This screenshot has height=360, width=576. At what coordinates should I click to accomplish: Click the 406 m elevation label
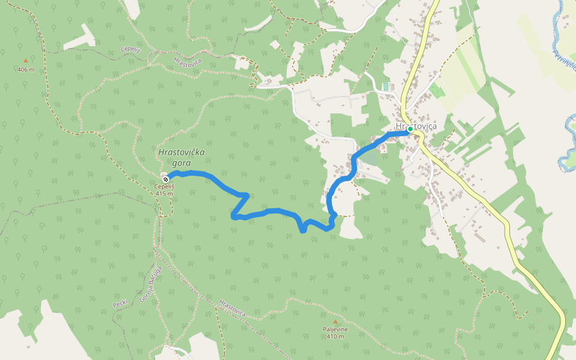[26, 70]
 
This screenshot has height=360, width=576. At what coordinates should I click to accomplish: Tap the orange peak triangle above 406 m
[25, 61]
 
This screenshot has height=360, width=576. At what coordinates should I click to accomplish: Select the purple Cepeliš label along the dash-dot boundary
[130, 49]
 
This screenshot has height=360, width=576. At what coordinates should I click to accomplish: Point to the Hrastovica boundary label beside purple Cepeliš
[187, 61]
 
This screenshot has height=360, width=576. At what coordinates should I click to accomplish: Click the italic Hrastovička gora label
[181, 157]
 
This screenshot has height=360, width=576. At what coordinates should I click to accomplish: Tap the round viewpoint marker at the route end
[165, 178]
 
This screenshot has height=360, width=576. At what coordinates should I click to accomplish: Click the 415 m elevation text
[164, 193]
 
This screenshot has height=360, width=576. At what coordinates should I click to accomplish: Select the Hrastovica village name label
[416, 127]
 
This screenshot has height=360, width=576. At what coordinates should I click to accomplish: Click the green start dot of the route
[410, 129]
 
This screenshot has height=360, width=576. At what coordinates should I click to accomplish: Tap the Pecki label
[120, 304]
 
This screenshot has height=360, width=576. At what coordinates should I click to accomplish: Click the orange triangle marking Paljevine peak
[335, 322]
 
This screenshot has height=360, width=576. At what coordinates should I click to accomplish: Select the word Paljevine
[335, 329]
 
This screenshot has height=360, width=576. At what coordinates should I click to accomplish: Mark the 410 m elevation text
[335, 337]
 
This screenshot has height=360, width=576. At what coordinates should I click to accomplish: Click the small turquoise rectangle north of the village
[386, 86]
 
